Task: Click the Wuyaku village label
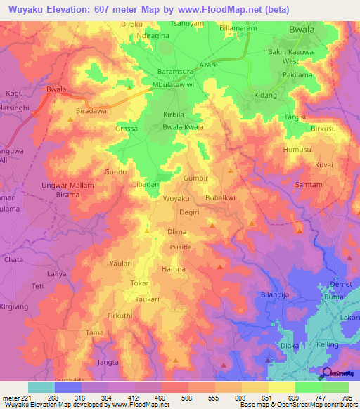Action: click(x=176, y=200)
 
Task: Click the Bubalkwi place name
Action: click(x=220, y=199)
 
